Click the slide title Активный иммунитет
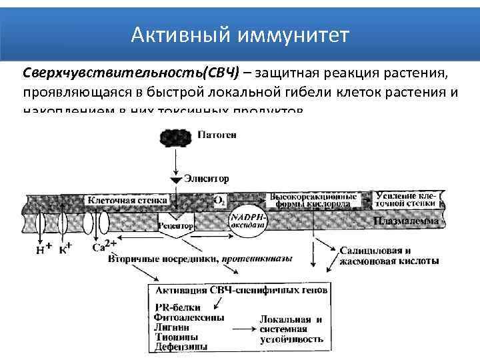pos(239,34)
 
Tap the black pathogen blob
pos(176,138)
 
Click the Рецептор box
pos(177,225)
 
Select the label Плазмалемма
pos(406,221)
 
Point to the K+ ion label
pos(65,249)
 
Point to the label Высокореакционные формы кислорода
pos(313,200)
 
